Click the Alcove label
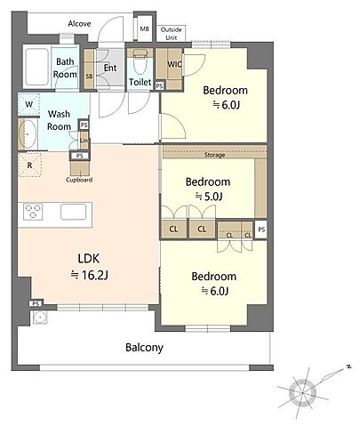(79, 23)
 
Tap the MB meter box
(144, 29)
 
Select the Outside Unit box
(171, 34)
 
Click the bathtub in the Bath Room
(37, 67)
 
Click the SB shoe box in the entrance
(89, 68)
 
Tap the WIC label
(174, 64)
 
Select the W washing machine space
(28, 104)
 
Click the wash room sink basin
(28, 134)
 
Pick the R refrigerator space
(29, 165)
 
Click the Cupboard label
(79, 180)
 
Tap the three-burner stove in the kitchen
(33, 212)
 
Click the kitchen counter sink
(74, 212)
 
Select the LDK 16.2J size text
(90, 276)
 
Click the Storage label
(214, 155)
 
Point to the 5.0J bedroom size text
(209, 197)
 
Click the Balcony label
(144, 348)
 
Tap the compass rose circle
(302, 392)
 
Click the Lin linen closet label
(84, 140)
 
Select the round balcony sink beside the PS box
(39, 318)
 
